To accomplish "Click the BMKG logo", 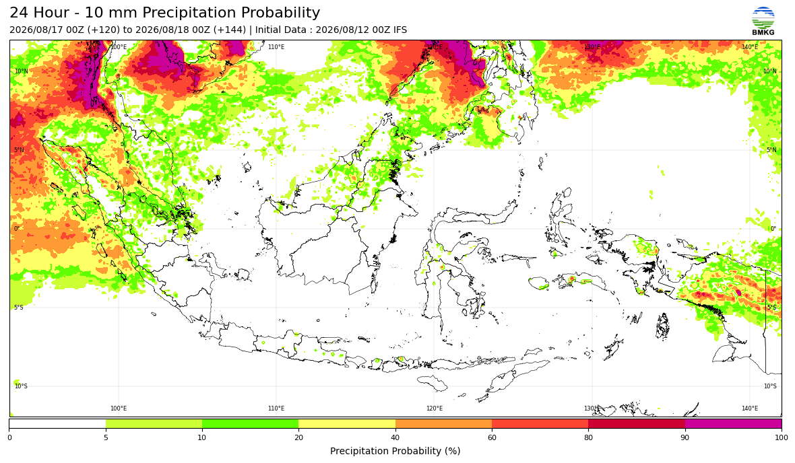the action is [x=763, y=22].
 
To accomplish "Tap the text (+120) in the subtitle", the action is [x=104, y=30].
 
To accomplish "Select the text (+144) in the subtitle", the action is [x=230, y=30].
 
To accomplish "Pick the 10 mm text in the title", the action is [x=119, y=13].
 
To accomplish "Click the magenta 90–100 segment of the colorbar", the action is [x=733, y=423].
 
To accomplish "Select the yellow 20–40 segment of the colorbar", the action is [x=347, y=423].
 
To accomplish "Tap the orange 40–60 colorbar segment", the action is [x=443, y=423].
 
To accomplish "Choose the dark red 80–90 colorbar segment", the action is [x=637, y=423].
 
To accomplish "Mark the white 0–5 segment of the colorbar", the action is [x=57, y=423].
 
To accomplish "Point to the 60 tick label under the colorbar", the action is [x=492, y=437].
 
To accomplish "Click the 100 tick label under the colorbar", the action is [x=782, y=437].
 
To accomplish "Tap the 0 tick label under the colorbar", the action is [x=9, y=437].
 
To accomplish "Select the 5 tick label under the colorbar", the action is [x=106, y=437].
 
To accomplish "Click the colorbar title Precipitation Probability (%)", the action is [x=395, y=451].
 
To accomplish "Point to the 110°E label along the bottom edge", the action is [x=276, y=408].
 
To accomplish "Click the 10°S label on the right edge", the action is [x=770, y=386].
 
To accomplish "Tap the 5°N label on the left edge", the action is [x=19, y=150].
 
